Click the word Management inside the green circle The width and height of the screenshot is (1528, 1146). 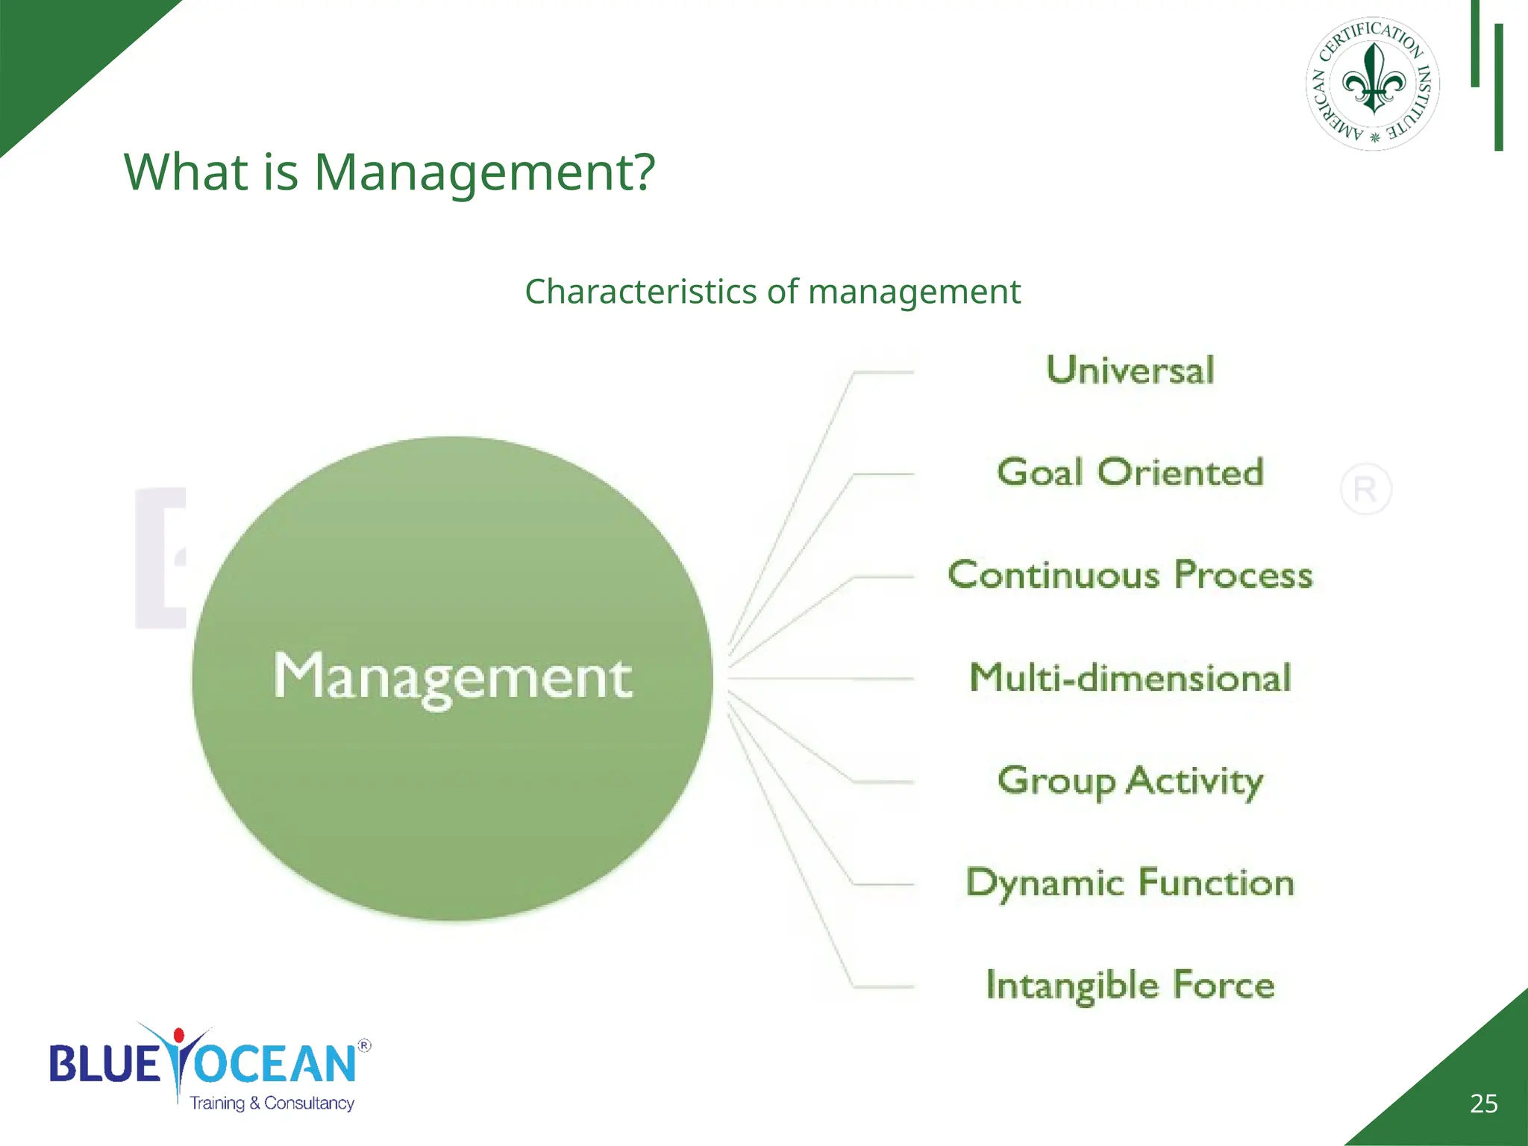click(x=452, y=677)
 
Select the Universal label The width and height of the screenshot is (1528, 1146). click(x=1130, y=371)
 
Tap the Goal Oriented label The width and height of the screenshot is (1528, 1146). click(x=1130, y=473)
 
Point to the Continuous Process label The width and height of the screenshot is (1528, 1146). click(x=1130, y=575)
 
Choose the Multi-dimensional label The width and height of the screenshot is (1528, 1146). click(x=1130, y=677)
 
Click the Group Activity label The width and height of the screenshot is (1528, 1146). click(x=1130, y=781)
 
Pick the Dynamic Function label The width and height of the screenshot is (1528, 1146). click(x=1130, y=883)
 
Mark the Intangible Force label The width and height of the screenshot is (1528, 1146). click(x=1130, y=986)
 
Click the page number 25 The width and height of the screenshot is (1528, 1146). click(x=1483, y=1103)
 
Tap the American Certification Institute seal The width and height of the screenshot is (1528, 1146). click(x=1373, y=84)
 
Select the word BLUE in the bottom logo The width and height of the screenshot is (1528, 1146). click(x=104, y=1065)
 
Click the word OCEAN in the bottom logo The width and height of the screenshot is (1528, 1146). click(x=276, y=1065)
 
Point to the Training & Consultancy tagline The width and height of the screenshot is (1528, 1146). click(x=272, y=1103)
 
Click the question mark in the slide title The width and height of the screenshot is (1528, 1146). click(x=641, y=172)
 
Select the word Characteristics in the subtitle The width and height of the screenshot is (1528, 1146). click(x=640, y=292)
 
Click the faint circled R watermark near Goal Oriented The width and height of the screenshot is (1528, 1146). click(x=1365, y=489)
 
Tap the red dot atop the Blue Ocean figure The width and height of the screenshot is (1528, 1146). click(x=179, y=1036)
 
